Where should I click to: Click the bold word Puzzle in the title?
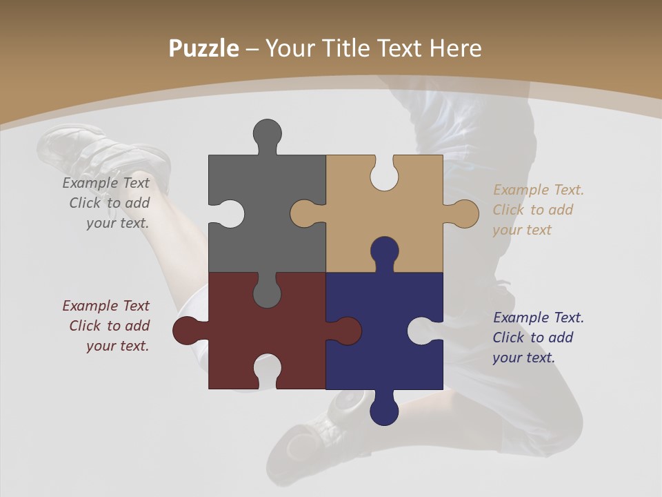click(204, 48)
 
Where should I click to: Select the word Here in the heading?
click(455, 48)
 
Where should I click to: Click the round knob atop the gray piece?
click(267, 134)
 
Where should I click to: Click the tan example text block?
click(537, 210)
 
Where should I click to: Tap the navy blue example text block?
click(537, 338)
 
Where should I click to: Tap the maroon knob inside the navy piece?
click(345, 331)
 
